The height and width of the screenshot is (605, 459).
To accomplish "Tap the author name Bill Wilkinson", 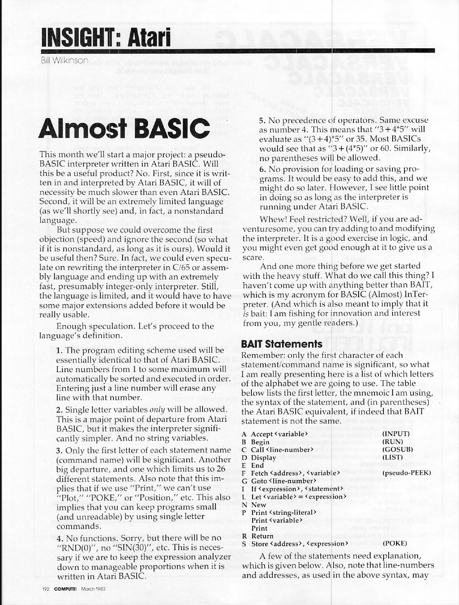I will (65, 60).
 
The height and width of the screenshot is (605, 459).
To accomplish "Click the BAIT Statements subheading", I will (282, 344).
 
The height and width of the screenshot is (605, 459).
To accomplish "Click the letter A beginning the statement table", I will (244, 434).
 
